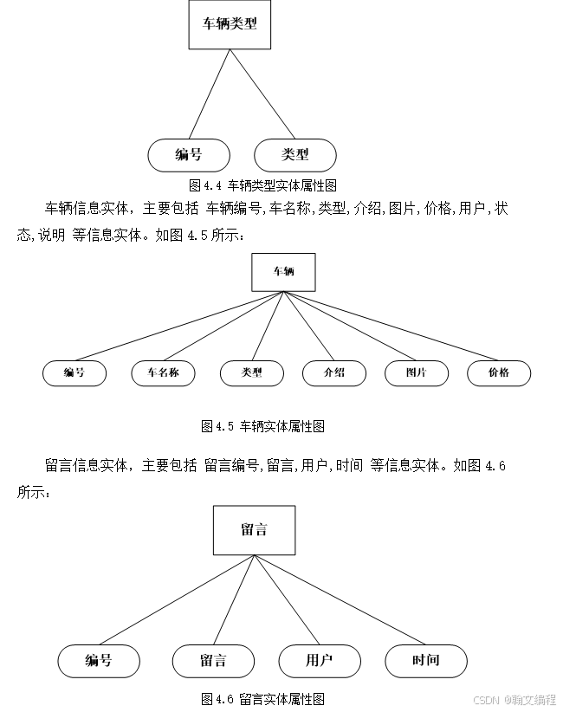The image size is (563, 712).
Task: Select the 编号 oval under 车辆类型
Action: tap(189, 155)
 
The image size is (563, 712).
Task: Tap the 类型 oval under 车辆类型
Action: tap(295, 155)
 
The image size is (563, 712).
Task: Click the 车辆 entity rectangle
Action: tap(283, 272)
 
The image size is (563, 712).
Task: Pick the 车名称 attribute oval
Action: tap(163, 373)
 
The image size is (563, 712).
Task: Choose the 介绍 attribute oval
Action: tap(333, 373)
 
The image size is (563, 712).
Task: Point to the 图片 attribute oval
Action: tap(417, 373)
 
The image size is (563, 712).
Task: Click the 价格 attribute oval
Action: tap(499, 373)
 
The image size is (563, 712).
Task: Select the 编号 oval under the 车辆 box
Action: tap(74, 373)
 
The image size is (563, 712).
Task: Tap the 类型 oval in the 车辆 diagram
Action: tap(252, 373)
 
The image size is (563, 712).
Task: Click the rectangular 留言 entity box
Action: tap(255, 530)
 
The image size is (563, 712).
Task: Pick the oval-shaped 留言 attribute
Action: tap(213, 661)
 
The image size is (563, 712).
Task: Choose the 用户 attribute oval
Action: tap(320, 661)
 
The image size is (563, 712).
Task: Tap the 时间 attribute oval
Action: tap(426, 661)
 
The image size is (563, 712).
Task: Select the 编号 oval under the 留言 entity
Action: tap(99, 661)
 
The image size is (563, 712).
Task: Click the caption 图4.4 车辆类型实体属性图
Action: tap(262, 185)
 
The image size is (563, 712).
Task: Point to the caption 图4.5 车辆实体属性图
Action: tap(262, 426)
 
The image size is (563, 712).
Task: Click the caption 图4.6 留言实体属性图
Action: tap(262, 698)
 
